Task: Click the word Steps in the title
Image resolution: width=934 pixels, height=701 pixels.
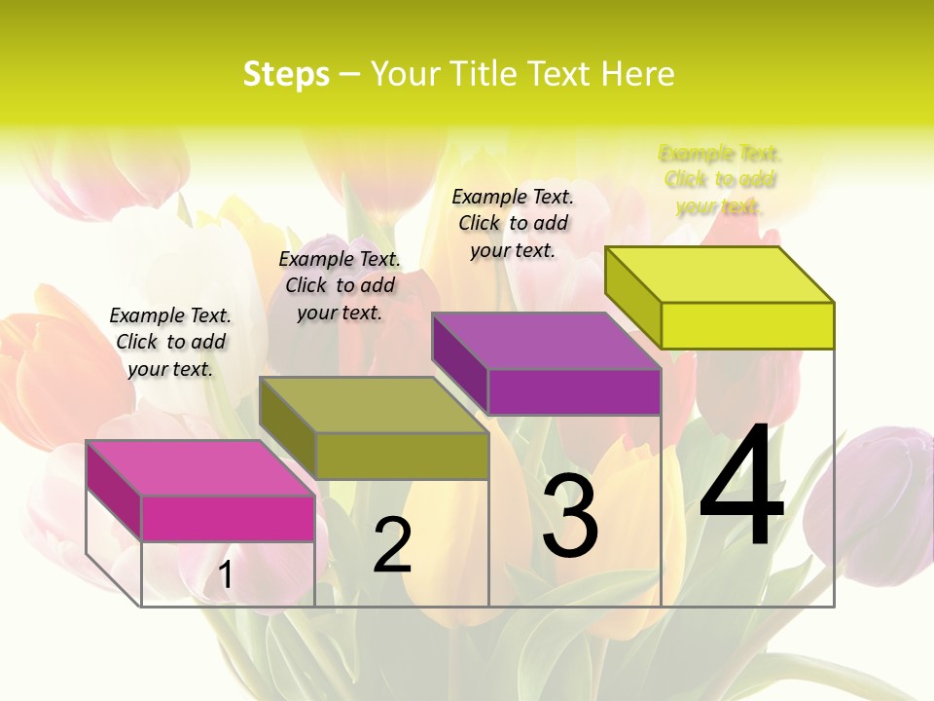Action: point(286,74)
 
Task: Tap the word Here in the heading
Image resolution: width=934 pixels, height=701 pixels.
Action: point(637,74)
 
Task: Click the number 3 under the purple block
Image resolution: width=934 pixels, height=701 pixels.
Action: point(570,517)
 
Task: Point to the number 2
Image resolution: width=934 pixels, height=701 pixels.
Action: point(392,545)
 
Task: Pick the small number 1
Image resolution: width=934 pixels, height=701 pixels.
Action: point(225,574)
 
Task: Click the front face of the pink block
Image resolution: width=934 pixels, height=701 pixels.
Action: point(228,518)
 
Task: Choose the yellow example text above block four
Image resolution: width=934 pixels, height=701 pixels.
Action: point(720,180)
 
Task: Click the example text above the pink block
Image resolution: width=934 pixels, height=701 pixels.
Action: point(170,343)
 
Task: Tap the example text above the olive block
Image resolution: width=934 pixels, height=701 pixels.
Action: point(340,286)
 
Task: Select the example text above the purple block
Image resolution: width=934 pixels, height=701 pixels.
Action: point(513,223)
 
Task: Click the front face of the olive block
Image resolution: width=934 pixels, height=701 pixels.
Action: point(402,456)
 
